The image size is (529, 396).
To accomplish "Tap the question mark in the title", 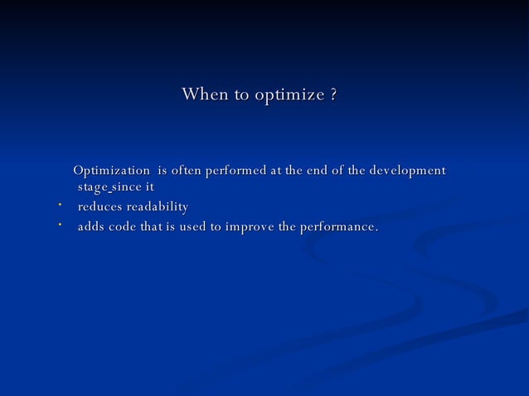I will pos(332,95).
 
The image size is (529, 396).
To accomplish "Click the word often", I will pos(186,171).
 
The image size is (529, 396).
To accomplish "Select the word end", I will pos(317,171).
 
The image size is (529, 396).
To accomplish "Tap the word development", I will pos(405,171).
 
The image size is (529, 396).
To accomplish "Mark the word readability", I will pos(157,206).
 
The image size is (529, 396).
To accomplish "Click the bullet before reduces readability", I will pos(60,203).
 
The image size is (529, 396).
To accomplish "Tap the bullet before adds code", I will pos(60,223).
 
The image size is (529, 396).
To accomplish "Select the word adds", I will pos(91,226).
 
